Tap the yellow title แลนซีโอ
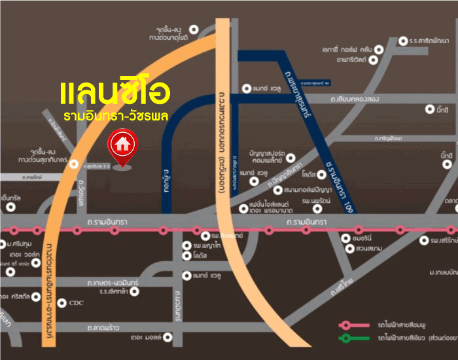click(115, 94)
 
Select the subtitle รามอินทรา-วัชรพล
click(116, 117)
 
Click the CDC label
click(77, 302)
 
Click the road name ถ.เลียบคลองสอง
click(355, 99)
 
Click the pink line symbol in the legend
click(353, 325)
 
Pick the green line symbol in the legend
click(353, 338)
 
